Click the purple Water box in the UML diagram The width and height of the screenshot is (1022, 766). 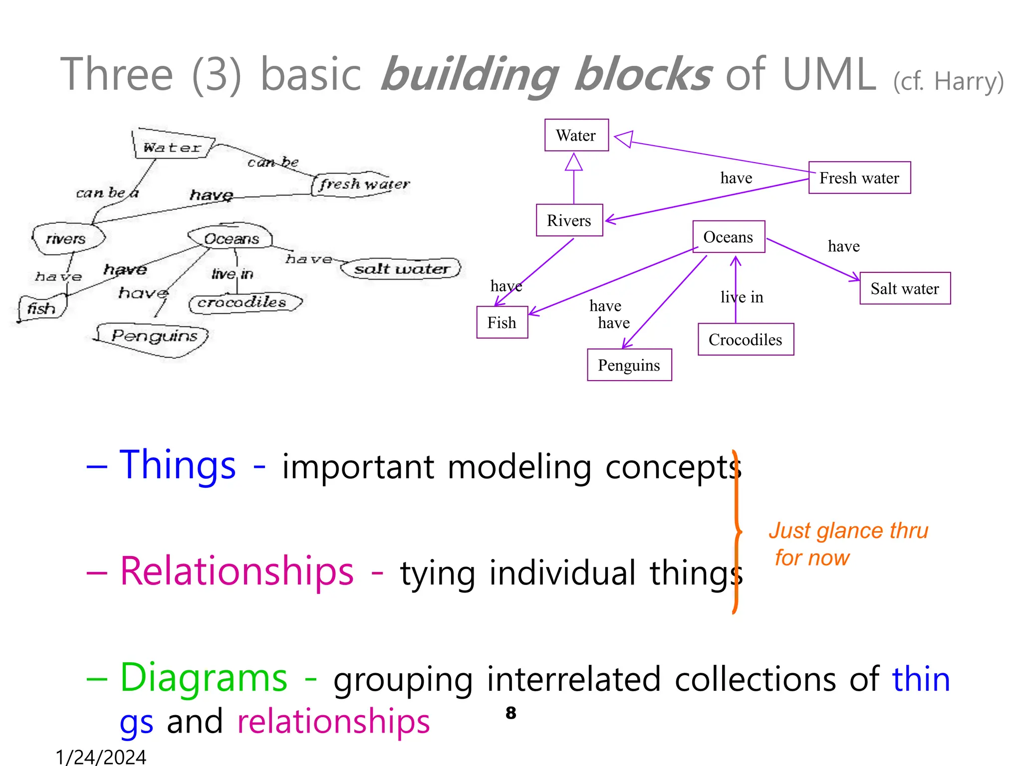tap(576, 135)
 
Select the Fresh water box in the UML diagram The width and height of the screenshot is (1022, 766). tap(859, 178)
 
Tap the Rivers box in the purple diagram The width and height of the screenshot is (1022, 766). tap(569, 220)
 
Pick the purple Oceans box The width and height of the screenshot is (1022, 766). tap(728, 237)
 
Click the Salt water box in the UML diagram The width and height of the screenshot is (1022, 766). tap(905, 288)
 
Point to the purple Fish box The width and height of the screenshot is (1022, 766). tap(502, 323)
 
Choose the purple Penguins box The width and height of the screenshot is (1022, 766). tap(629, 365)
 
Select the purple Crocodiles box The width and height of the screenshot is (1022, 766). tap(746, 340)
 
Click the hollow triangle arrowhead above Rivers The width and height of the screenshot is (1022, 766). tap(574, 163)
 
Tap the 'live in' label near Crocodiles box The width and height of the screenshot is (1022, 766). tap(742, 297)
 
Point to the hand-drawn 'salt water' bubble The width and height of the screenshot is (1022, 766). tap(401, 269)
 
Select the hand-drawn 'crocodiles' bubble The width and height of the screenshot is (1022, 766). tap(243, 303)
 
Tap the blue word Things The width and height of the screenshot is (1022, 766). tap(178, 465)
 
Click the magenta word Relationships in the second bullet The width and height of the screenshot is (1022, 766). tap(237, 571)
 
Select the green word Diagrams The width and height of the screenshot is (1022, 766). tap(204, 678)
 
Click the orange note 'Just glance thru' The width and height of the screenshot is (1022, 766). tap(848, 531)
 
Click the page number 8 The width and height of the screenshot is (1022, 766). tap(511, 713)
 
